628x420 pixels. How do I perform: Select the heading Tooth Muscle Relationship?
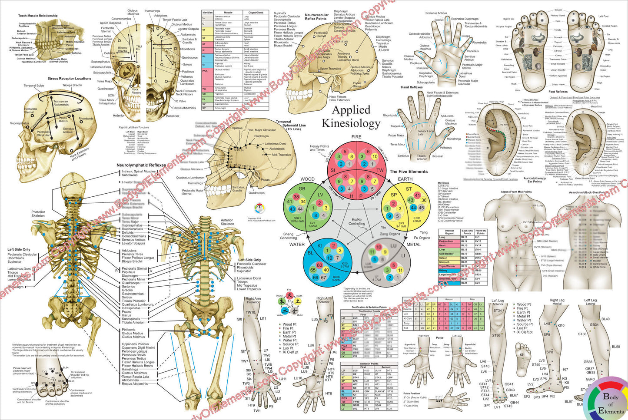pyautogui.click(x=38, y=16)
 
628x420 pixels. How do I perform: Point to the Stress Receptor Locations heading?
pyautogui.click(x=70, y=79)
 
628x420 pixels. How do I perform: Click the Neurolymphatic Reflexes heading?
pyautogui.click(x=141, y=165)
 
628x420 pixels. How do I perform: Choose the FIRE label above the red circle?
pyautogui.click(x=356, y=137)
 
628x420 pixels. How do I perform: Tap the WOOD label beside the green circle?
pyautogui.click(x=307, y=179)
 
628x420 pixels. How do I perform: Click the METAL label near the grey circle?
pyautogui.click(x=413, y=245)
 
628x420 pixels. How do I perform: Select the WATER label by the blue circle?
pyautogui.click(x=297, y=245)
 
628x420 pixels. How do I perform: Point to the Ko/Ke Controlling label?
pyautogui.click(x=357, y=222)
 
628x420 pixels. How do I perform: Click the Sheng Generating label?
pyautogui.click(x=289, y=236)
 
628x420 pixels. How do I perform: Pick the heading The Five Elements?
pyautogui.click(x=409, y=172)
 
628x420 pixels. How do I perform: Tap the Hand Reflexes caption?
pyautogui.click(x=412, y=87)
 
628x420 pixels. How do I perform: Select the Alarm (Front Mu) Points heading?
pyautogui.click(x=516, y=192)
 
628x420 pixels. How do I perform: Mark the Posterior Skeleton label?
pyautogui.click(x=38, y=214)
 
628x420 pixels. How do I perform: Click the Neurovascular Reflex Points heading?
pyautogui.click(x=316, y=17)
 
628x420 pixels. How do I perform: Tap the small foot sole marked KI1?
pyautogui.click(x=522, y=354)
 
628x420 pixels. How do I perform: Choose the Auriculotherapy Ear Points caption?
pyautogui.click(x=535, y=180)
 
